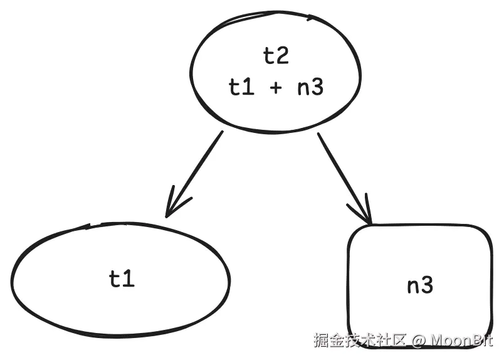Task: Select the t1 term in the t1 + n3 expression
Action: point(241,87)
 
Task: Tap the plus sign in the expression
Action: point(276,88)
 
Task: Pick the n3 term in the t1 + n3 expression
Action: point(310,87)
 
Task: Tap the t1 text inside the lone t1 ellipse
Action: point(122,278)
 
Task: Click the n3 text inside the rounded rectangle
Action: point(420,286)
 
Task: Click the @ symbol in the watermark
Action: point(419,341)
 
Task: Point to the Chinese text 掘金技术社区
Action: point(360,341)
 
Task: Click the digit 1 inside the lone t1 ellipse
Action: point(129,278)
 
